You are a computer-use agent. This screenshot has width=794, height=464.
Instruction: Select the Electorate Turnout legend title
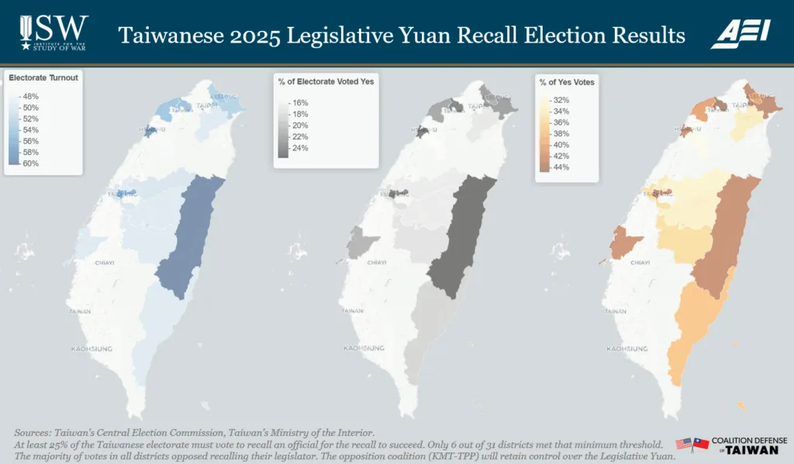43,77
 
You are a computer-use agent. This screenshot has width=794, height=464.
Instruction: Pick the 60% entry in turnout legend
31,163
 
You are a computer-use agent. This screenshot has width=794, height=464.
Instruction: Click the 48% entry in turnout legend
31,96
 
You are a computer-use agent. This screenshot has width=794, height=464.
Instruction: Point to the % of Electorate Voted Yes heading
326,81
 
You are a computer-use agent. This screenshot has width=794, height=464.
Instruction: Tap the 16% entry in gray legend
299,102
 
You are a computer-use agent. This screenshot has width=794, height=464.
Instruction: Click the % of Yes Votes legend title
567,82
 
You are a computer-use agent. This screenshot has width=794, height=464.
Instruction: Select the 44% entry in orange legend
561,167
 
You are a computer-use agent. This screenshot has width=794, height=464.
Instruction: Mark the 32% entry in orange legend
561,100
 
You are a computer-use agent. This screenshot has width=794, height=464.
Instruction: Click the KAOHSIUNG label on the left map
93,349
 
